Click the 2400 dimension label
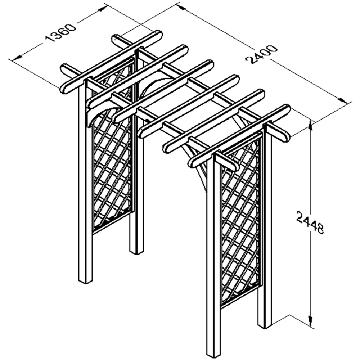pyautogui.click(x=261, y=54)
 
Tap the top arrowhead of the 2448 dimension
pyautogui.click(x=310, y=125)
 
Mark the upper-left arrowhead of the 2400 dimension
pyautogui.click(x=183, y=8)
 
